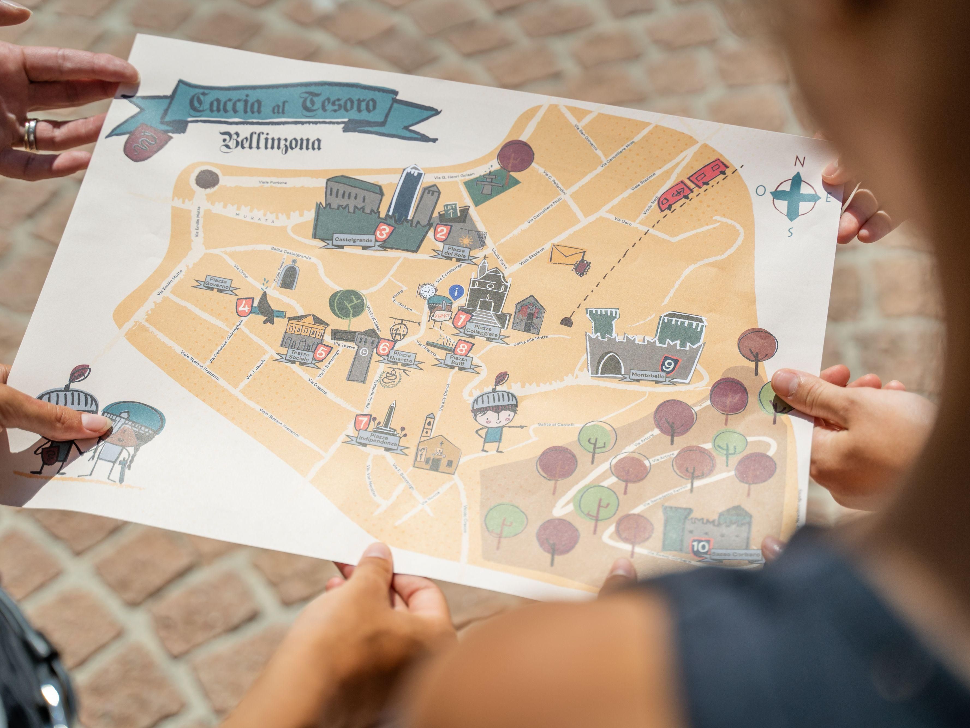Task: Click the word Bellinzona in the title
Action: tap(271, 142)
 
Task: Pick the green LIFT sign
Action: tap(450, 210)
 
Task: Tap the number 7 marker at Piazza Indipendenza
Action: tap(363, 423)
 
